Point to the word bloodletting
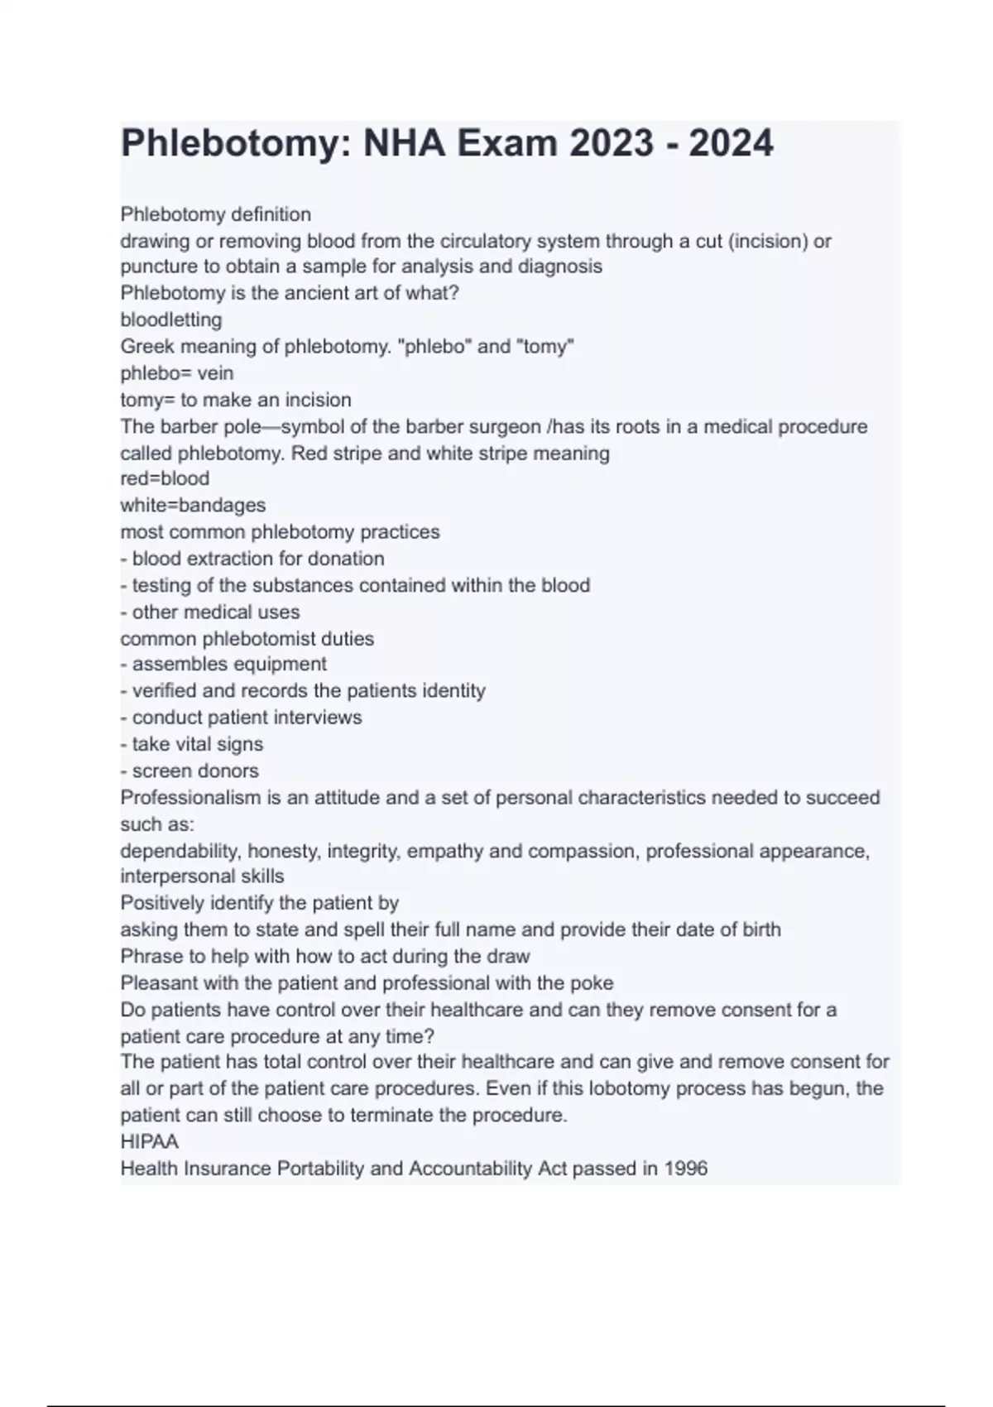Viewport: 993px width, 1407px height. [171, 319]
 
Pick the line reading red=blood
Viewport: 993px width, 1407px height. [165, 478]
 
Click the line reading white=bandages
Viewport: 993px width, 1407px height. [193, 505]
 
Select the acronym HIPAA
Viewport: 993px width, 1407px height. [150, 1142]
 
